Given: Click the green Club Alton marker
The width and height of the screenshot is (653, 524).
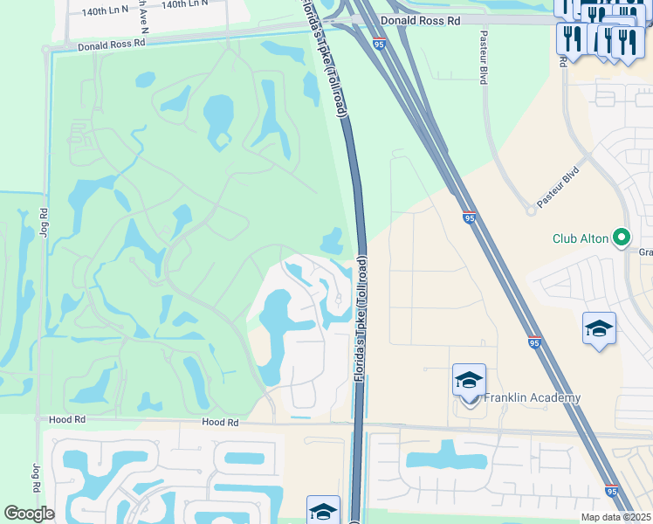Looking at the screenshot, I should tap(621, 237).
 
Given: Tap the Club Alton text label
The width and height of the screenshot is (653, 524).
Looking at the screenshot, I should tap(581, 238).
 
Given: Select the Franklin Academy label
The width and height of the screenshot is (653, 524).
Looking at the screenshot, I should tap(533, 398).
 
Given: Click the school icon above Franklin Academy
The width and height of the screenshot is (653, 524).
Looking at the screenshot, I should tap(469, 381).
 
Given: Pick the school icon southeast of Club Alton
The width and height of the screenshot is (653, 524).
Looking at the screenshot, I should tap(599, 329).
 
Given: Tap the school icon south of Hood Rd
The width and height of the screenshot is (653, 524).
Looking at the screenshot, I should tap(322, 511).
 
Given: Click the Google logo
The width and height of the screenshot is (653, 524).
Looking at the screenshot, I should tap(29, 514).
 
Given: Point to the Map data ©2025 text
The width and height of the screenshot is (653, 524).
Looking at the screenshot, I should tap(616, 517).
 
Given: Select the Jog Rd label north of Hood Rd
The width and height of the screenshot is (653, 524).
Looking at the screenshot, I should tap(44, 223).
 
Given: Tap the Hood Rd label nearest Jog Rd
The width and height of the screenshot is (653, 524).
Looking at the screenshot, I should tap(67, 420).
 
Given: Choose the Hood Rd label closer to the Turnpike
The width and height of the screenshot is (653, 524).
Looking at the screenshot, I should tap(220, 422).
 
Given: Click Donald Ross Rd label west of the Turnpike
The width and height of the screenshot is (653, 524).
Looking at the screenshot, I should tap(110, 44).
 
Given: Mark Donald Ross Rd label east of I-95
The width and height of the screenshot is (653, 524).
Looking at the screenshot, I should tap(420, 17).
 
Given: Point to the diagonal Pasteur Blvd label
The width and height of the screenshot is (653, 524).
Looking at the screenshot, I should tap(558, 187).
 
